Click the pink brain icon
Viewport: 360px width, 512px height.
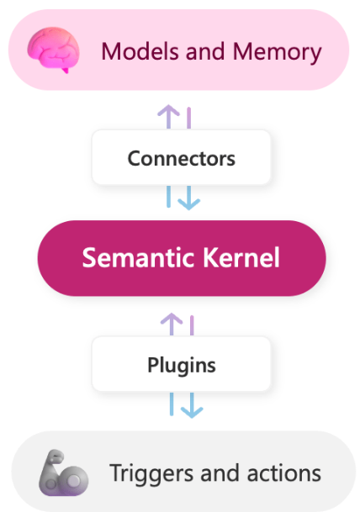coord(53,50)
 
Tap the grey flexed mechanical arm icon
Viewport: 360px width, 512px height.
coord(63,473)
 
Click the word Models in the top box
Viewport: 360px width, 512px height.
coord(140,51)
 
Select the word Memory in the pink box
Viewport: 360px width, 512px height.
coord(277,53)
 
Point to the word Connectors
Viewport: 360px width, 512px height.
coord(182,159)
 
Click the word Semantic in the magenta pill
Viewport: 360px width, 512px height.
coord(139,257)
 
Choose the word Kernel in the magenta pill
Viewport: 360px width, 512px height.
coord(241,257)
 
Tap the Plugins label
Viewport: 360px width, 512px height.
coord(182,366)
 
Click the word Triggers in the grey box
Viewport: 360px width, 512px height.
coord(151,474)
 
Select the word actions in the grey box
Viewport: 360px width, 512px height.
coord(284,473)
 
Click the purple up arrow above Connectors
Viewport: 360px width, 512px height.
coord(168,117)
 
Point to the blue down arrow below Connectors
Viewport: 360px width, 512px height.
coord(188,198)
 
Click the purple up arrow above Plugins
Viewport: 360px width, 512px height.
coord(172,325)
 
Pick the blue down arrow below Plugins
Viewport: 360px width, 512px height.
coord(192,405)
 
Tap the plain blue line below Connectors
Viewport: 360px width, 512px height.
coord(168,197)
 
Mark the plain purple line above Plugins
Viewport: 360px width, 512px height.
coord(192,325)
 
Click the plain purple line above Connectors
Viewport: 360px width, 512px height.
coord(188,118)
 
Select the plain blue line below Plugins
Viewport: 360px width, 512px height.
coord(172,404)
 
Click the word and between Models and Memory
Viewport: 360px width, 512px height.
coord(205,51)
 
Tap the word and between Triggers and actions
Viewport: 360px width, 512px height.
coord(220,473)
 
